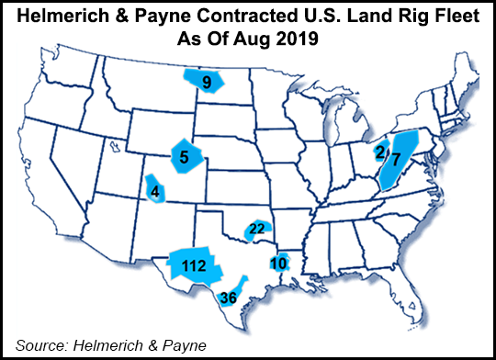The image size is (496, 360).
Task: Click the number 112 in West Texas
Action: [x=193, y=266]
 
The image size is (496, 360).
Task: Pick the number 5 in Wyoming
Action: [x=185, y=157]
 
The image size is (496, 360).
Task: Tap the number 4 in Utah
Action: [x=154, y=192]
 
